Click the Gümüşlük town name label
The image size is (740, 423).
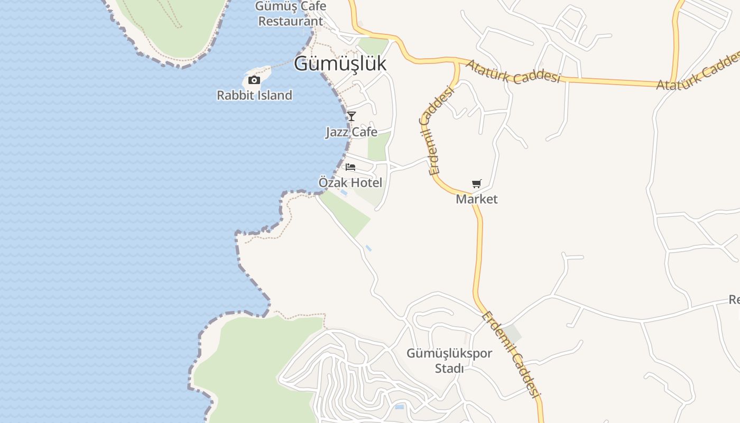click(340, 63)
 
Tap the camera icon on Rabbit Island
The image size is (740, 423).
click(254, 80)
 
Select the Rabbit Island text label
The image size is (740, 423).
click(254, 95)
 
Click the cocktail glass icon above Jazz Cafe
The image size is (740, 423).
click(351, 116)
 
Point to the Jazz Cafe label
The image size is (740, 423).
click(351, 132)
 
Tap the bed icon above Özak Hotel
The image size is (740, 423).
click(350, 167)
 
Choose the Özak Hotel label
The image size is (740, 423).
click(350, 182)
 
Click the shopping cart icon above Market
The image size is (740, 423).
click(477, 184)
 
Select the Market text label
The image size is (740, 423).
click(477, 199)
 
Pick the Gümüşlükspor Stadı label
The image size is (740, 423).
click(449, 361)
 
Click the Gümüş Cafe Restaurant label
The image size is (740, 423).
click(291, 14)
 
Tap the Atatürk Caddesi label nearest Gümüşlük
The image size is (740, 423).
click(513, 71)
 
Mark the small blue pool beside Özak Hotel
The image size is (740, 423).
click(344, 193)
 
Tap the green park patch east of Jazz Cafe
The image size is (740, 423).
click(379, 145)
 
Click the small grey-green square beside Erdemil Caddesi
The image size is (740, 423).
click(512, 334)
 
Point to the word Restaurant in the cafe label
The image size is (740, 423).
click(291, 21)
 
